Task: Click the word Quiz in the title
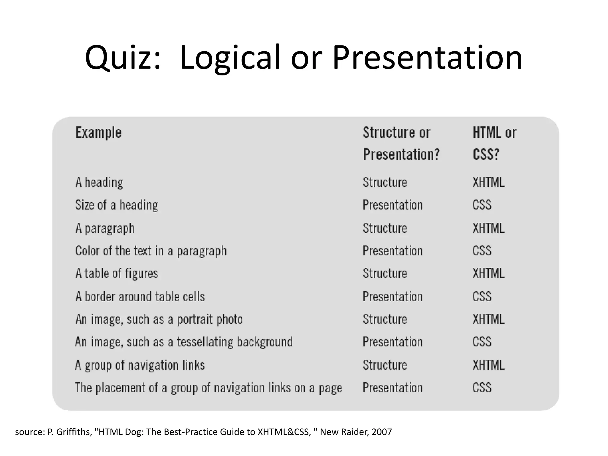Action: pyautogui.click(x=123, y=58)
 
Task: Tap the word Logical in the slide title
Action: pyautogui.click(x=230, y=58)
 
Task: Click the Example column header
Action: pyautogui.click(x=99, y=132)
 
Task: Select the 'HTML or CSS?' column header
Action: pyautogui.click(x=494, y=143)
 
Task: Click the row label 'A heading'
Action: pyautogui.click(x=99, y=182)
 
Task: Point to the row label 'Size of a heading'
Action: pyautogui.click(x=117, y=205)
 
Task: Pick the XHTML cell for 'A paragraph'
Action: pyautogui.click(x=488, y=228)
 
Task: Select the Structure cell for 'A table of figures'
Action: pyautogui.click(x=385, y=273)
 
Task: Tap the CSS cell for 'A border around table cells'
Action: pyautogui.click(x=482, y=297)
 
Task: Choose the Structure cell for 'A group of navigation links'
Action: pyautogui.click(x=385, y=365)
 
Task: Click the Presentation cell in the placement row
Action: pyautogui.click(x=392, y=388)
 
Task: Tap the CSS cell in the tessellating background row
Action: pyautogui.click(x=482, y=342)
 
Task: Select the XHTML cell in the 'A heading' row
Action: pyautogui.click(x=488, y=182)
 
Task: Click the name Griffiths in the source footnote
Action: pyautogui.click(x=73, y=432)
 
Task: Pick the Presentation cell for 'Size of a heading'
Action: pyautogui.click(x=392, y=205)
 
